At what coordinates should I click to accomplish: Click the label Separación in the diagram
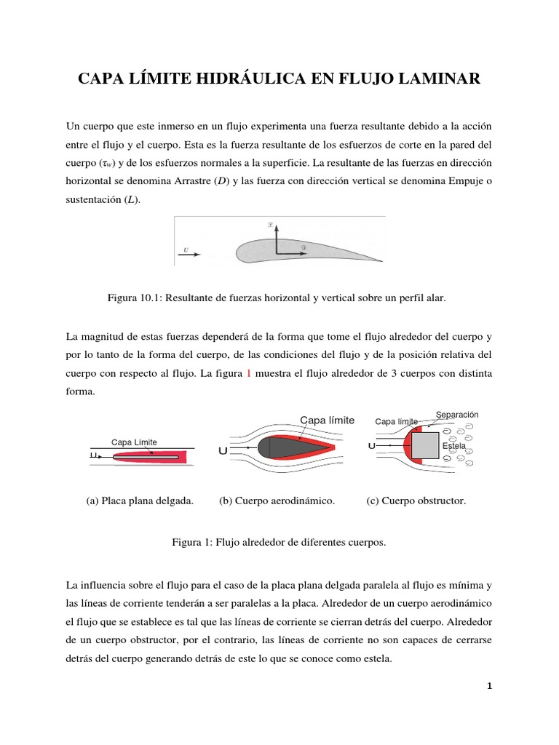457,415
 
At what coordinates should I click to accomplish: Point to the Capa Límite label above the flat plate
134,442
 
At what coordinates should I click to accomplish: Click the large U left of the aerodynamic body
223,451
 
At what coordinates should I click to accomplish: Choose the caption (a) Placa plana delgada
140,501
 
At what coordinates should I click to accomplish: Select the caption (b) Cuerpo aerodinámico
277,501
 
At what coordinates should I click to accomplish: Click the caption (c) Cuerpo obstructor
416,501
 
